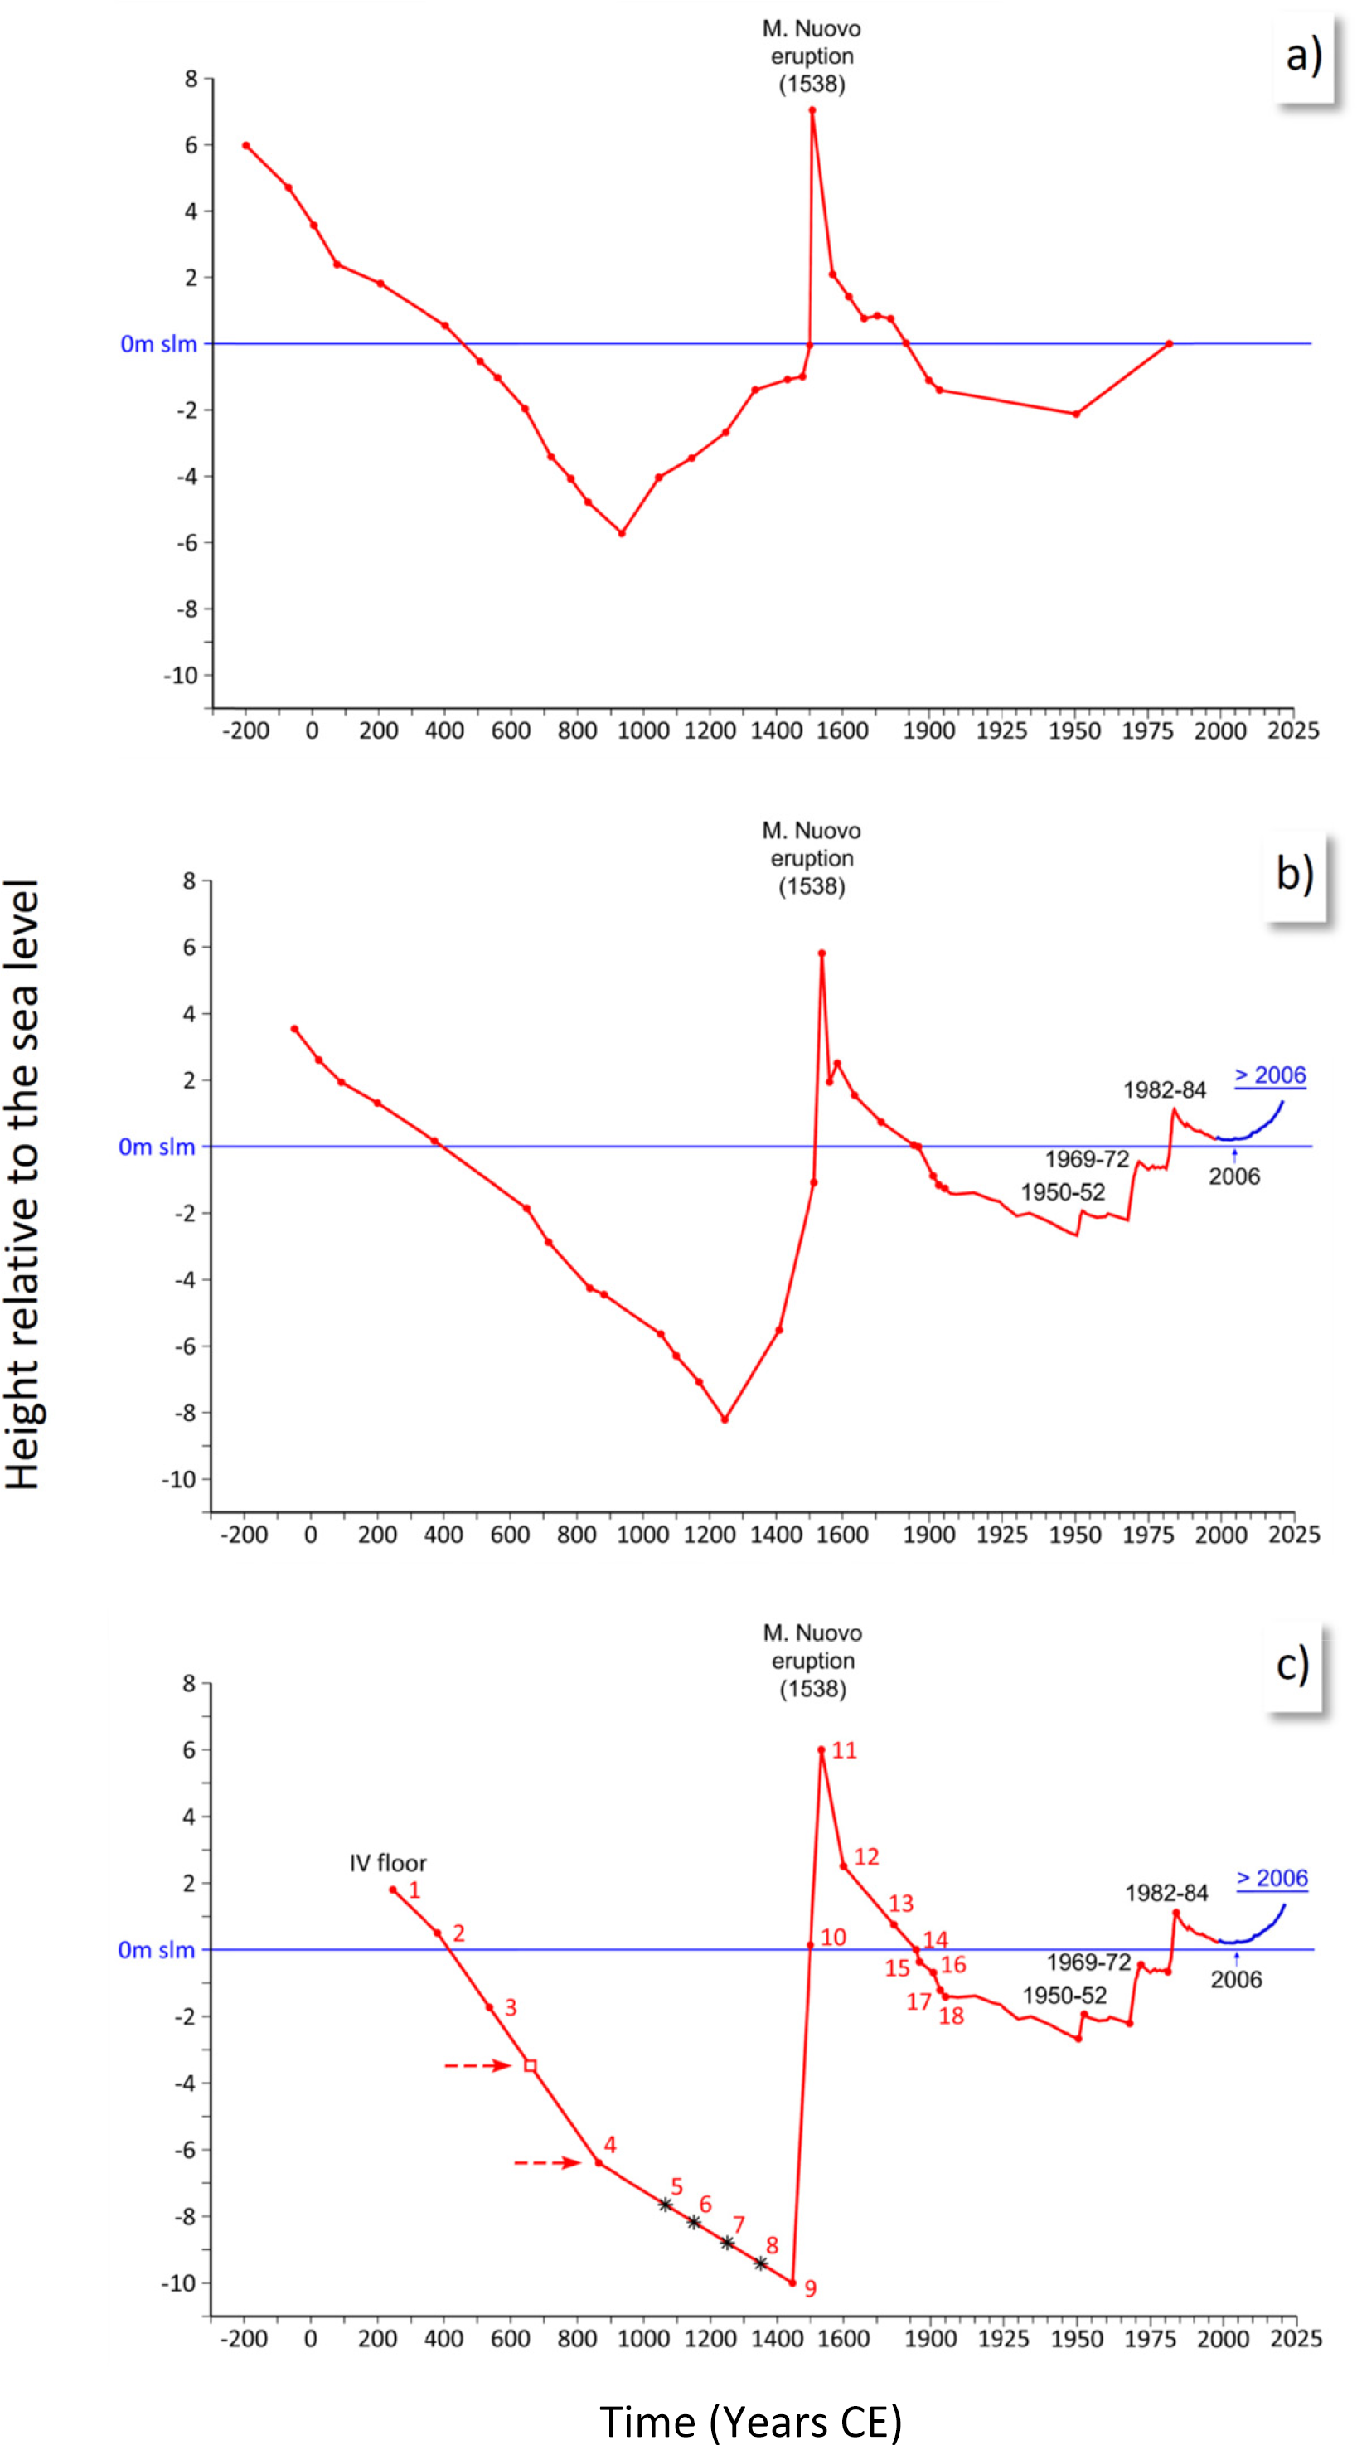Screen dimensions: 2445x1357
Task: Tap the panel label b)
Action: pyautogui.click(x=1294, y=873)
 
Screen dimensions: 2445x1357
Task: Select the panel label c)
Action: pyautogui.click(x=1292, y=1665)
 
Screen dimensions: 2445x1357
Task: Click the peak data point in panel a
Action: pyautogui.click(x=812, y=110)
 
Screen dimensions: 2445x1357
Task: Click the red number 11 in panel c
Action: pyautogui.click(x=845, y=1750)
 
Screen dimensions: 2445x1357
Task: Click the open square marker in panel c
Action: pyautogui.click(x=531, y=2066)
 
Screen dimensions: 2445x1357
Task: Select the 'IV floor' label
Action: pyautogui.click(x=388, y=1863)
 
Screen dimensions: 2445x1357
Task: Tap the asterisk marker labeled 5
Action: pyautogui.click(x=665, y=2205)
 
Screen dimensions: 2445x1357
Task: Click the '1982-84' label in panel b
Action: pyautogui.click(x=1165, y=1089)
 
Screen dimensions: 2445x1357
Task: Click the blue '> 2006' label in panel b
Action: pyautogui.click(x=1270, y=1075)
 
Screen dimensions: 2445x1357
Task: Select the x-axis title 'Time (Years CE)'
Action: pyautogui.click(x=749, y=2419)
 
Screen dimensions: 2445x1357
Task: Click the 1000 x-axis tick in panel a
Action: pyautogui.click(x=643, y=730)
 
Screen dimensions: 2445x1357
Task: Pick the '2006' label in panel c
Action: pyautogui.click(x=1235, y=1979)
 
